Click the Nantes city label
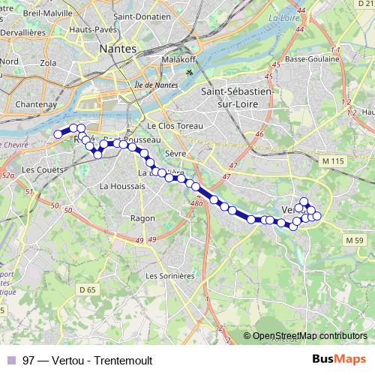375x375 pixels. [118, 48]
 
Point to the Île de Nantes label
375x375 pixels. [155, 85]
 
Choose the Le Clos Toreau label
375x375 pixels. [172, 126]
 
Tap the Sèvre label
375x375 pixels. [173, 152]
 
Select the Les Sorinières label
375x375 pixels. [170, 275]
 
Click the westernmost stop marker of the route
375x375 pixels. [58, 134]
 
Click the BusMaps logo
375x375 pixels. [339, 359]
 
